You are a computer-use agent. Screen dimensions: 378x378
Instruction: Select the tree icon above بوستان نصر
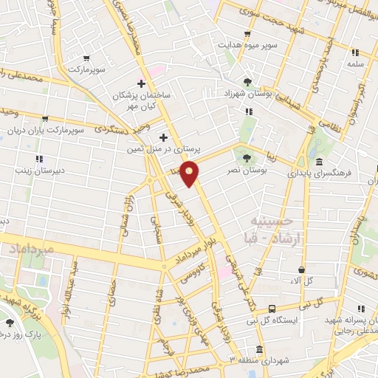click(247, 157)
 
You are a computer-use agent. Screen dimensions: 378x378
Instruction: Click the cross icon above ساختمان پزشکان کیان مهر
click(141, 83)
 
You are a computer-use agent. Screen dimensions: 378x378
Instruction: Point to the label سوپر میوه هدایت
click(247, 44)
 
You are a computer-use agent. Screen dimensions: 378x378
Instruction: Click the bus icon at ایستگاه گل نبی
click(272, 309)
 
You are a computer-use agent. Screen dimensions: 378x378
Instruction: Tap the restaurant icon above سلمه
click(355, 52)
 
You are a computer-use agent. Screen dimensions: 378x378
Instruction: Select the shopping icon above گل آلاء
click(301, 270)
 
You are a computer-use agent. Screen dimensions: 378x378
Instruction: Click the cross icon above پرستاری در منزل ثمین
click(163, 137)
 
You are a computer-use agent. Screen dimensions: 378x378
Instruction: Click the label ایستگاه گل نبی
click(300, 320)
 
